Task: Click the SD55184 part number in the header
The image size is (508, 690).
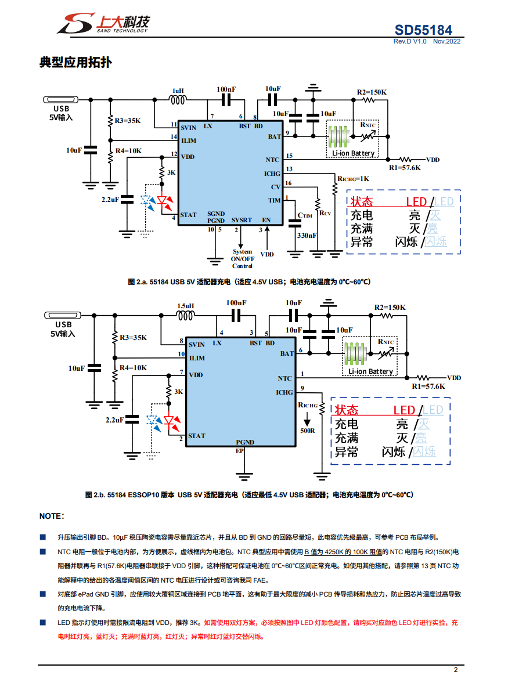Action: click(423, 30)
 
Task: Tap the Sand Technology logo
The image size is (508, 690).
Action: click(103, 23)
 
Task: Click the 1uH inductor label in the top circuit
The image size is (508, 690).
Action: click(178, 91)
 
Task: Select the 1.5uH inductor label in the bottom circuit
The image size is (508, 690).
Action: click(185, 306)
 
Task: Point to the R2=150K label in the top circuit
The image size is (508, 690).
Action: click(372, 92)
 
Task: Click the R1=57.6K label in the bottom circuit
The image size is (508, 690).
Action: click(428, 386)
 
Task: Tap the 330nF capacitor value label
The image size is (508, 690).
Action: click(307, 236)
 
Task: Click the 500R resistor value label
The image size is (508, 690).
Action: click(307, 431)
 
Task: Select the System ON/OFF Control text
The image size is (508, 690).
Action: click(242, 259)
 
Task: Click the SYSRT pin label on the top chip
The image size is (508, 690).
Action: click(242, 220)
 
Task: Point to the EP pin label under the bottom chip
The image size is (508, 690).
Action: click(239, 450)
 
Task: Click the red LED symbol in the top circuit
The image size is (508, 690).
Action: click(165, 203)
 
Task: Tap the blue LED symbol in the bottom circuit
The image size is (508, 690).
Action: click(154, 422)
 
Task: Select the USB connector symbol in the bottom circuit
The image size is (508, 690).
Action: click(63, 315)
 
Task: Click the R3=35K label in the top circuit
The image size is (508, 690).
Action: click(128, 121)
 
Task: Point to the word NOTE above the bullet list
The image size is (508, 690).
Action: click(52, 516)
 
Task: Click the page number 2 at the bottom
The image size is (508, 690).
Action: click(456, 670)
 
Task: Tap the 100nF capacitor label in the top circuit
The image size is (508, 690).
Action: click(226, 89)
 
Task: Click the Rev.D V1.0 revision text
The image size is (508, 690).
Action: click(410, 41)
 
